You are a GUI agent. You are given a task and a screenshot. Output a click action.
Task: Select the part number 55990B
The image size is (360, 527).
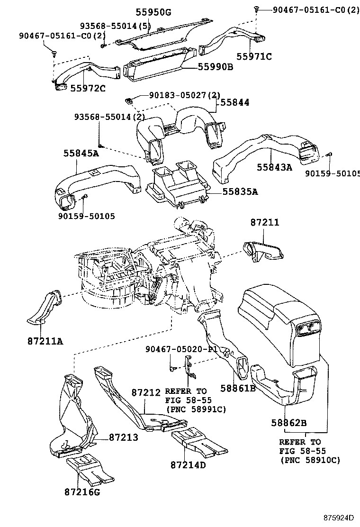click(x=214, y=67)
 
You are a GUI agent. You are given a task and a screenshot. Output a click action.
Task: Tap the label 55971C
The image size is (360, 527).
click(x=254, y=56)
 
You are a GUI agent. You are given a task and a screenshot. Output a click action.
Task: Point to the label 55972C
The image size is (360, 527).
click(x=88, y=88)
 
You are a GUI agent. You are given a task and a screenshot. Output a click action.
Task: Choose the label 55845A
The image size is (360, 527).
click(x=81, y=153)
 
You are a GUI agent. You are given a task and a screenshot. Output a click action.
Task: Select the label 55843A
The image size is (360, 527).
click(x=275, y=167)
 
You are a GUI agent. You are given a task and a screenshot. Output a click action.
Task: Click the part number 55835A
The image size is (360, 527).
click(x=240, y=191)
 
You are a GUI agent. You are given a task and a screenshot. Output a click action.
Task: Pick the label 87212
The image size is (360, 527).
click(x=146, y=392)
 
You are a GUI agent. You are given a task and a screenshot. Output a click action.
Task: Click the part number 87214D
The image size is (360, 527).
click(x=188, y=464)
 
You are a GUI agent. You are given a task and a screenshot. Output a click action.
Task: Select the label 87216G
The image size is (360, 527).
click(x=82, y=492)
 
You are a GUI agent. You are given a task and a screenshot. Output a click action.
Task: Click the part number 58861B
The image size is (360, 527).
click(x=238, y=389)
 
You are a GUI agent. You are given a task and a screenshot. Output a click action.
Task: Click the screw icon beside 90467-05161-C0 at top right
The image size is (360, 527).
click(x=256, y=9)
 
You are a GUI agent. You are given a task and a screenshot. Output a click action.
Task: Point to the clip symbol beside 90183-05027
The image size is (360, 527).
click(x=128, y=100)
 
